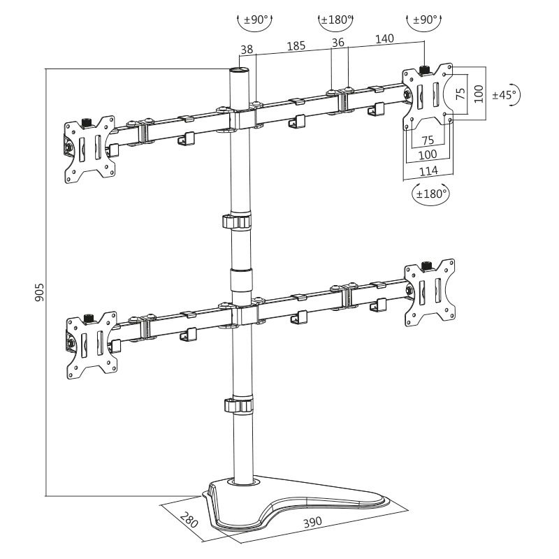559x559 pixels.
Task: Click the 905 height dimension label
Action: click(x=39, y=291)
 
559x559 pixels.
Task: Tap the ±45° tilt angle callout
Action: click(x=504, y=95)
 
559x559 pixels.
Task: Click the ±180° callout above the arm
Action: click(x=335, y=20)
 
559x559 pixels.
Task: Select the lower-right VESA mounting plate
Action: click(x=428, y=293)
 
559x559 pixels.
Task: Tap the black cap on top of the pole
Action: click(x=240, y=72)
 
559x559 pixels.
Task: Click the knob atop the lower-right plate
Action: click(x=427, y=266)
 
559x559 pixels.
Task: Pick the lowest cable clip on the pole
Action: click(x=237, y=405)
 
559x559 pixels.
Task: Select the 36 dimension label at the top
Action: click(x=339, y=43)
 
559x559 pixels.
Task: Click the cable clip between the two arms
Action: click(x=237, y=222)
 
